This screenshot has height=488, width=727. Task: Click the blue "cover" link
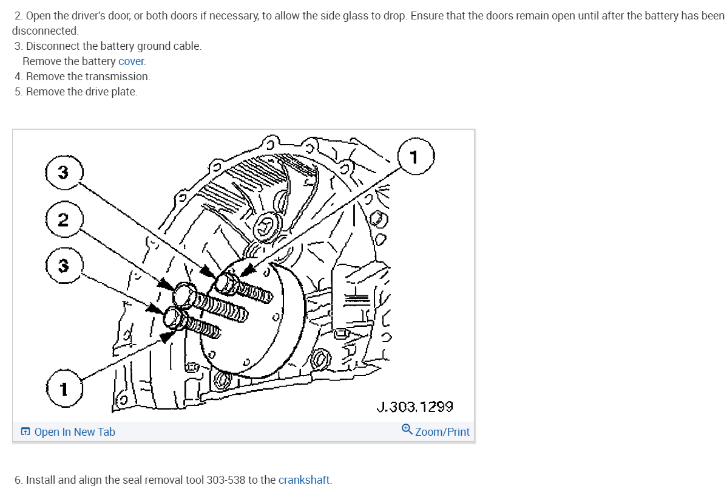click(x=131, y=61)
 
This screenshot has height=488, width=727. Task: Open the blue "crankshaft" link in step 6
click(x=303, y=480)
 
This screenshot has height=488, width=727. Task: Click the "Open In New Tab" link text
click(x=75, y=432)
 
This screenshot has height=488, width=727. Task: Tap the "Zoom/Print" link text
click(x=442, y=432)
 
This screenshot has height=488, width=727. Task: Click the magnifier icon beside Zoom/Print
click(x=407, y=430)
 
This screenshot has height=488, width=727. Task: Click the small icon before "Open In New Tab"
click(x=25, y=432)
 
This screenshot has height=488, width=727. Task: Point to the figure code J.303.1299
click(x=414, y=407)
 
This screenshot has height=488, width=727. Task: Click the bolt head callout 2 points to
click(x=183, y=294)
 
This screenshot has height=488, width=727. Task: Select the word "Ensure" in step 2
click(x=427, y=15)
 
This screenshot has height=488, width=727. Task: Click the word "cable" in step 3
click(x=186, y=46)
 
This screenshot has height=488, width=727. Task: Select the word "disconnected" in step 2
click(x=44, y=30)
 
